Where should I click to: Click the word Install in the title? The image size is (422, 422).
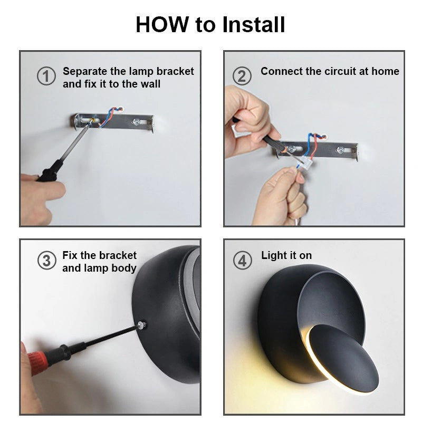254,24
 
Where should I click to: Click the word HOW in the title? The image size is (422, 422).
162,24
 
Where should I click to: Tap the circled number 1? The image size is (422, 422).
46,76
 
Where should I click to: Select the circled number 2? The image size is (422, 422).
242,76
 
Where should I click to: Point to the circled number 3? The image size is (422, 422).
47,261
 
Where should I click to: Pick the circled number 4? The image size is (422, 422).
243,261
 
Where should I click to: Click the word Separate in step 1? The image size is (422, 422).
85,72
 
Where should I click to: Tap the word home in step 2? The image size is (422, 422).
386,71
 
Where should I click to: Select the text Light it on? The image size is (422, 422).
286,256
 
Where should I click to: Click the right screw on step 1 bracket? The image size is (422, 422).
136,122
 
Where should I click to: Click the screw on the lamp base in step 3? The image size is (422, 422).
141,325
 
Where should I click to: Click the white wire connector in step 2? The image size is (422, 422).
306,162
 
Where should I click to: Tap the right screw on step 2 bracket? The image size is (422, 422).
341,150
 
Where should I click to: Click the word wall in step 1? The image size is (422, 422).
150,84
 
